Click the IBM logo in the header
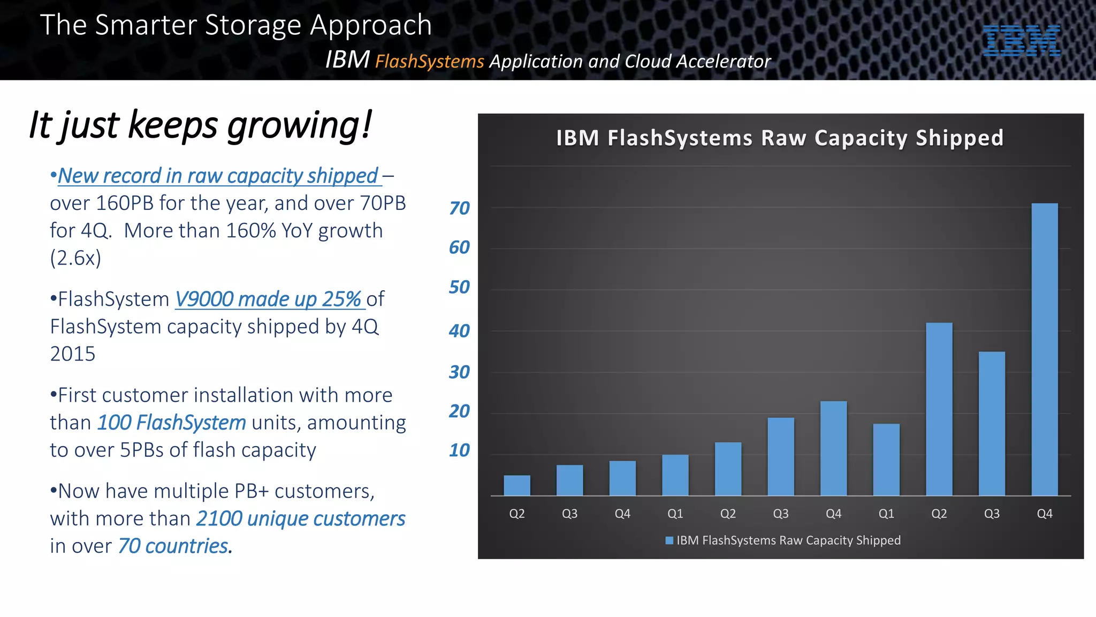click(1021, 41)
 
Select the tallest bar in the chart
click(1044, 349)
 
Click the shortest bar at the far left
click(517, 485)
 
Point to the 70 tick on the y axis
click(459, 208)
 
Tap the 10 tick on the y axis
click(459, 450)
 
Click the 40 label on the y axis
click(459, 330)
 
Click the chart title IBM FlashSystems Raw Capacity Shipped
click(780, 138)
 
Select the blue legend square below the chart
click(669, 540)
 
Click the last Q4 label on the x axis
click(1044, 514)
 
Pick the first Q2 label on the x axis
click(517, 514)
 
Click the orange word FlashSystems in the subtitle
click(429, 62)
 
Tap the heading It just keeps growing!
click(200, 125)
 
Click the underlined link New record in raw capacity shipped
click(218, 176)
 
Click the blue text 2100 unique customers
click(301, 519)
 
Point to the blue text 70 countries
click(173, 546)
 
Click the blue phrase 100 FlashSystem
click(171, 423)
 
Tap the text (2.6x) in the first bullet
click(75, 258)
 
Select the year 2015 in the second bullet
click(73, 354)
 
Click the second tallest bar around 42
click(939, 409)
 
